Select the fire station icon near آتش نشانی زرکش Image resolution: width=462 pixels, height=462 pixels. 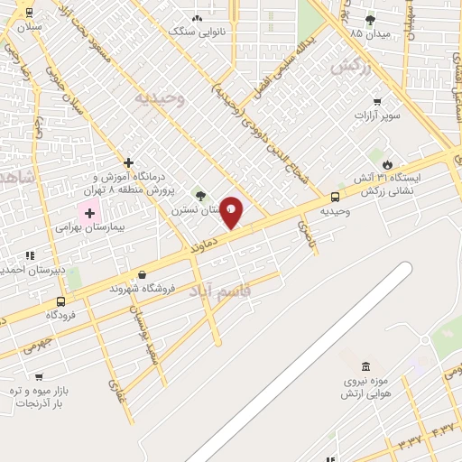[x=387, y=164]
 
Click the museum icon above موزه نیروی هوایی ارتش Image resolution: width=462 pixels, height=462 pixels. [x=365, y=366]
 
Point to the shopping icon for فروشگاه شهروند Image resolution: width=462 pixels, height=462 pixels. [x=142, y=274]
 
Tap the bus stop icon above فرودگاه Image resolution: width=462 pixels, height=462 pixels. [x=60, y=301]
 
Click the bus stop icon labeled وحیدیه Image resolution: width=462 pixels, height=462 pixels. [x=335, y=197]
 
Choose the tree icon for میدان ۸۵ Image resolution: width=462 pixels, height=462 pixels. [x=370, y=19]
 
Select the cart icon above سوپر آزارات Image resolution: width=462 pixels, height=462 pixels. [x=376, y=102]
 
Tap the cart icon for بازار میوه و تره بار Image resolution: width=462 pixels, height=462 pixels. [x=38, y=377]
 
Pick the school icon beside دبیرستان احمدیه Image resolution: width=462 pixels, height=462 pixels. [x=30, y=256]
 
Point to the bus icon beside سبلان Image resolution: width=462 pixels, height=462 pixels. [x=29, y=13]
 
